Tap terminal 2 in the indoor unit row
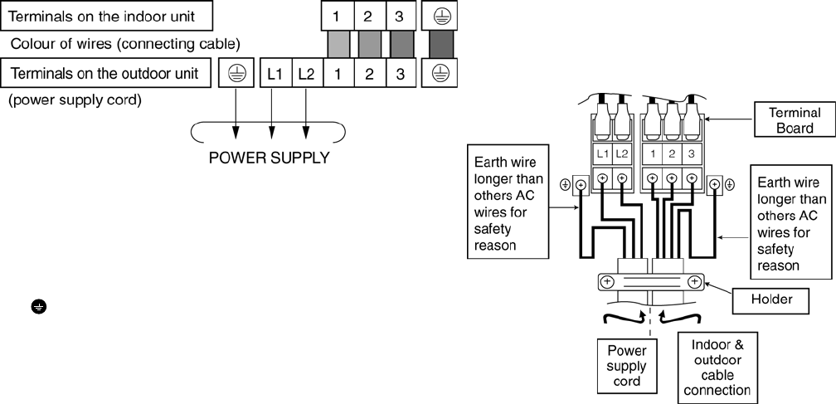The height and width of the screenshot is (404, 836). [368, 15]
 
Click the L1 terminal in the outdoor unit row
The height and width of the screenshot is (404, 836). [275, 74]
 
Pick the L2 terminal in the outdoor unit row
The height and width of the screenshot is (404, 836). [306, 74]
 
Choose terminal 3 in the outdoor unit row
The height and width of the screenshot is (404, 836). [399, 74]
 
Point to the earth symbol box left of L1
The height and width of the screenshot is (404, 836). [235, 74]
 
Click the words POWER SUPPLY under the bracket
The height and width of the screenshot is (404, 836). [269, 158]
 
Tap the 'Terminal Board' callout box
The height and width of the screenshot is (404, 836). [794, 119]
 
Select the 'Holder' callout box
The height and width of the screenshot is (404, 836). [771, 299]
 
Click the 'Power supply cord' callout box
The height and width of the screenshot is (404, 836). [626, 366]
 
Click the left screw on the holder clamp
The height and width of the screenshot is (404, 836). [607, 282]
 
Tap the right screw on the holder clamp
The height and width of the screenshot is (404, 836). [693, 282]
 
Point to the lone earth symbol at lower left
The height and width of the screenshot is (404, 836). [38, 307]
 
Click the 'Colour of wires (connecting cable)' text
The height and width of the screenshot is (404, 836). [126, 43]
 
